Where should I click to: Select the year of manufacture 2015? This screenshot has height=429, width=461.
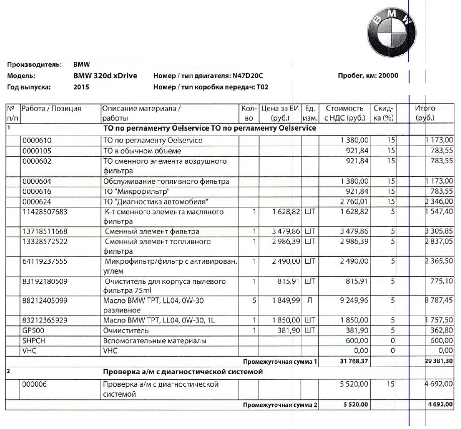pos(81,87)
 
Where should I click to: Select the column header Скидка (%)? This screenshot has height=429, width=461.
pos(384,114)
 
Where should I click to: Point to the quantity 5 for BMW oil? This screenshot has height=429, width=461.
pos(255,300)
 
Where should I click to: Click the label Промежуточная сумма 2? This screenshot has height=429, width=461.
pos(280,405)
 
